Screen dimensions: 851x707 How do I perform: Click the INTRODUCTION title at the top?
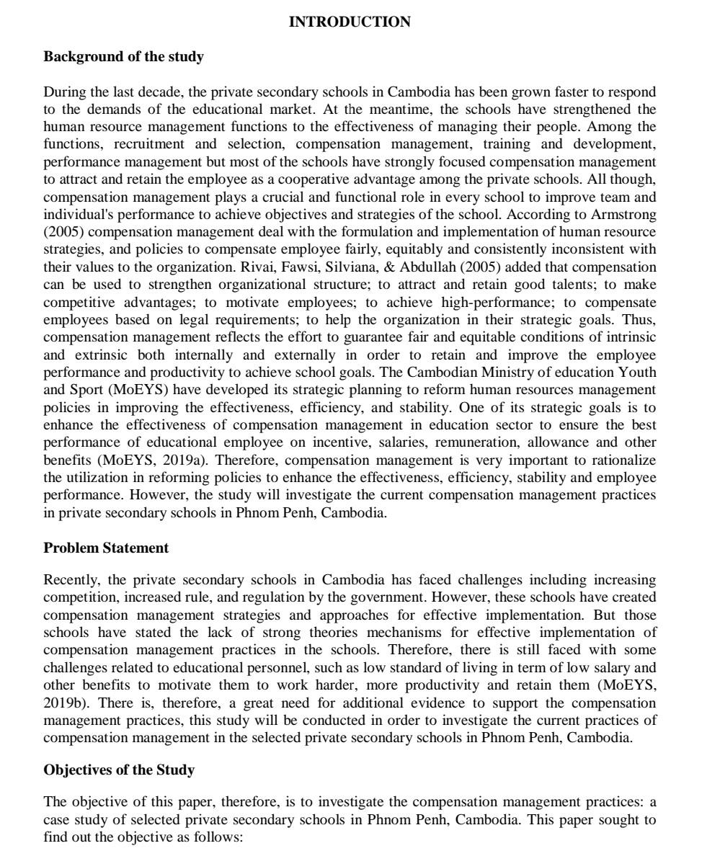[x=350, y=22]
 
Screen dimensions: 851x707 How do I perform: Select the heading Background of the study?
[x=123, y=56]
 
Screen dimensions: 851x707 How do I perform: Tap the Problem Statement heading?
[x=106, y=548]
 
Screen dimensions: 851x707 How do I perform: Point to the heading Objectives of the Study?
[x=119, y=770]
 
